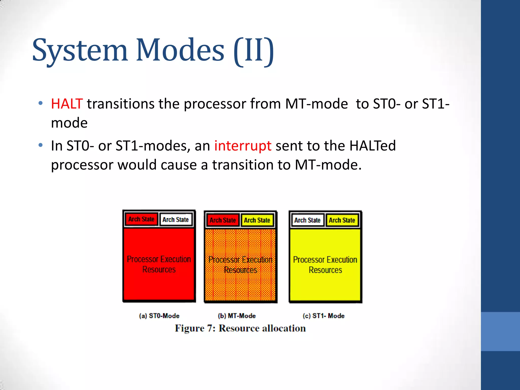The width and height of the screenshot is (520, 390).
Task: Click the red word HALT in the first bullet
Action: tap(67, 104)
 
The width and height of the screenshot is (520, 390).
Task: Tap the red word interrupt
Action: tap(243, 146)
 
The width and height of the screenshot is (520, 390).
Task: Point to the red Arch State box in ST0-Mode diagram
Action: tap(141, 219)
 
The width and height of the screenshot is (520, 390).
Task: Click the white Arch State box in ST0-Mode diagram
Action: tap(175, 220)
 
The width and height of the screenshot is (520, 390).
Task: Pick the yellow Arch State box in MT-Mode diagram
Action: tap(257, 220)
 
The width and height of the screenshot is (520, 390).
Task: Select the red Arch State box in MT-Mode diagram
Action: tap(223, 220)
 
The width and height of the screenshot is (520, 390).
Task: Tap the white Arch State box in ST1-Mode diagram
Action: tap(307, 220)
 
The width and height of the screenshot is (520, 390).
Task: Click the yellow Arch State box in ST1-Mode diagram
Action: tap(342, 220)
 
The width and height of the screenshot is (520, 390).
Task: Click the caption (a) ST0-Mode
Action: tap(159, 316)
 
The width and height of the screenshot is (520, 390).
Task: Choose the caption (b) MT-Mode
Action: tap(237, 316)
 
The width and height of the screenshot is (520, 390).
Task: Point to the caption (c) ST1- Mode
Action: tap(323, 316)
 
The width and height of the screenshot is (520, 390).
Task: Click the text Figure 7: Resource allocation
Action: tap(240, 328)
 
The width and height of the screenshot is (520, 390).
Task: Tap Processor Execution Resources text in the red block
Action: tap(159, 264)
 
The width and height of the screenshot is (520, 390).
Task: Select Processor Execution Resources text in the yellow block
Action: tap(325, 265)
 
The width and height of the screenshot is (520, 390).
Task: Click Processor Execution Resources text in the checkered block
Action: tap(240, 265)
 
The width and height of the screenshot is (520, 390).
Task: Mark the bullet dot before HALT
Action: tap(40, 103)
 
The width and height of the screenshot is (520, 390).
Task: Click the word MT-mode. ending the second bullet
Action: tap(328, 165)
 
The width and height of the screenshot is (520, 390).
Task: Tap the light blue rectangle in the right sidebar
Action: tap(500, 331)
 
